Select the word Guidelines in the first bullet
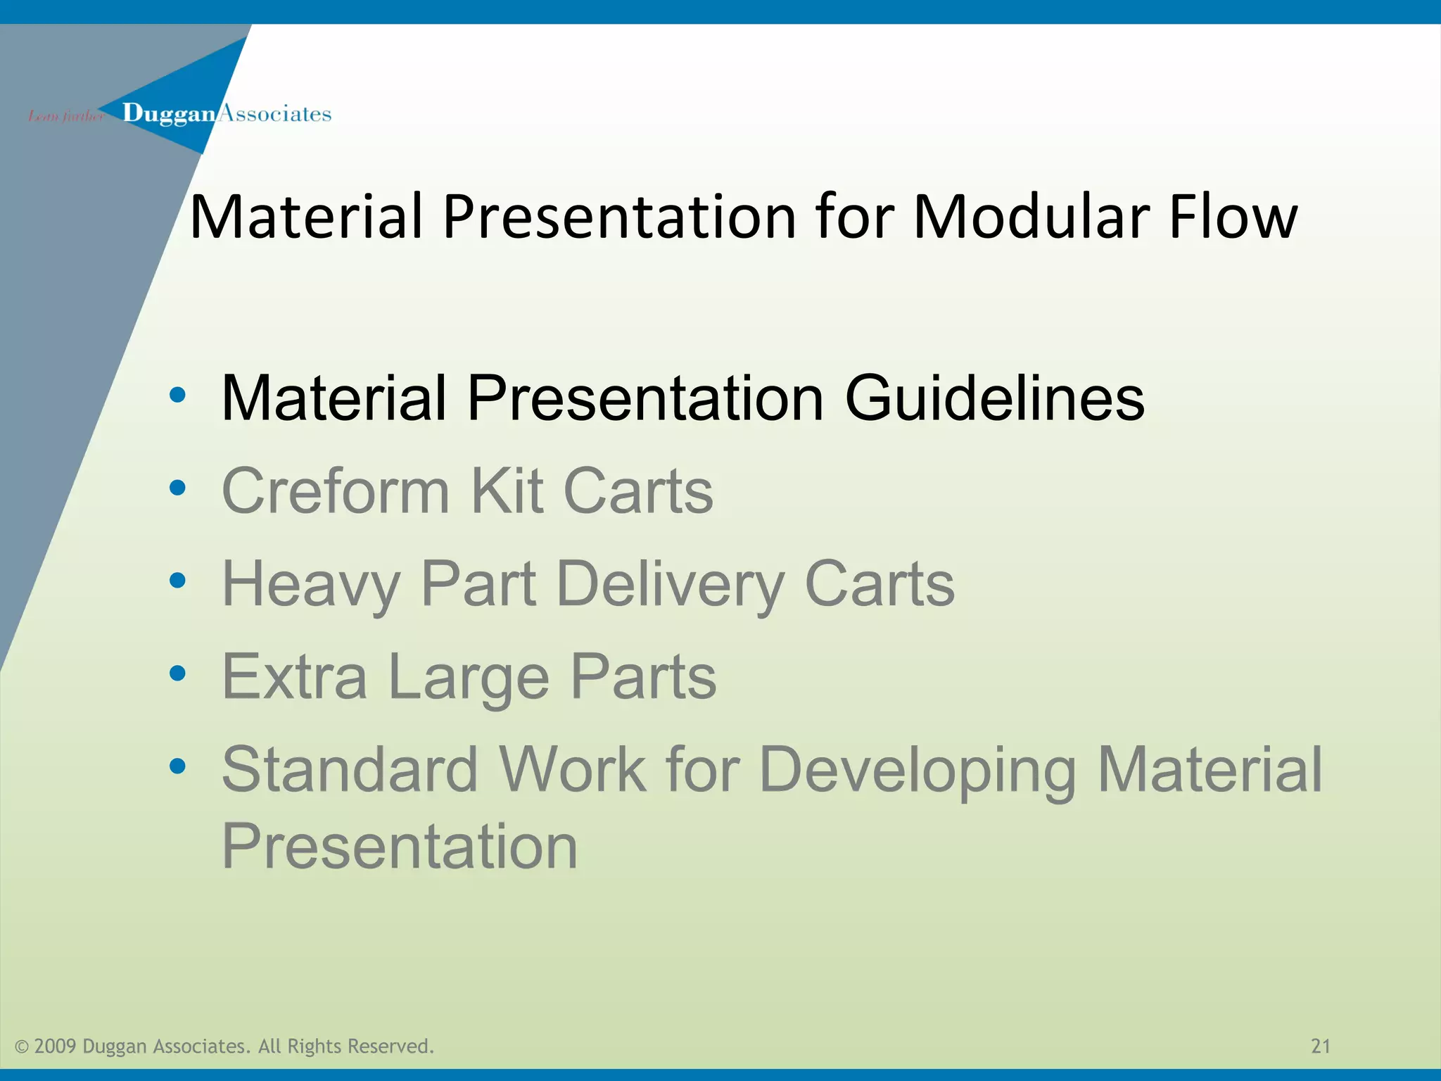pos(994,398)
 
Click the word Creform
pos(335,491)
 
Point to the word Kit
pos(506,491)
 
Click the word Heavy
pos(310,584)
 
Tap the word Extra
pos(294,677)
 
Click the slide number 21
pos(1321,1046)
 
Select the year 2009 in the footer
pos(54,1047)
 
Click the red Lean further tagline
pos(65,116)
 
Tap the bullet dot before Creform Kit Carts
pos(177,488)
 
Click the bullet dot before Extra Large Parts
pos(177,674)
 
